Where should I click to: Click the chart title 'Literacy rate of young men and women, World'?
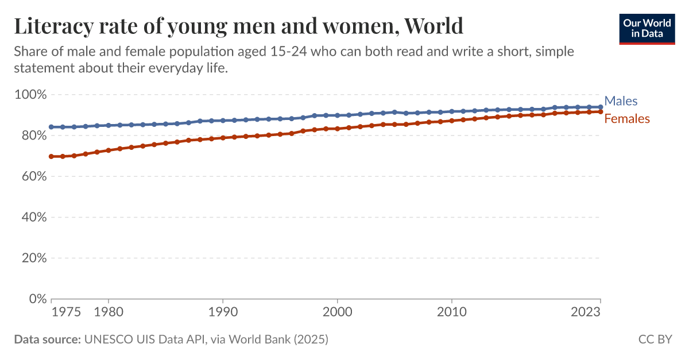tap(238, 26)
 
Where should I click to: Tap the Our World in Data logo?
tap(647, 28)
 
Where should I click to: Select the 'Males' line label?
tap(621, 101)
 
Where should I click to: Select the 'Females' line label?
tap(627, 119)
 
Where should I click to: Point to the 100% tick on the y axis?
tap(30, 94)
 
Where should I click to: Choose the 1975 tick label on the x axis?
tap(66, 312)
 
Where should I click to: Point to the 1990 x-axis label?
tap(223, 312)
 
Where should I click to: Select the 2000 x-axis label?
tap(337, 312)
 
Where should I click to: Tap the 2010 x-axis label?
tap(451, 312)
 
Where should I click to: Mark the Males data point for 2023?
tap(600, 107)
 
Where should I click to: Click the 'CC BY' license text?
tap(655, 339)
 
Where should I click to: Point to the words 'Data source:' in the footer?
tap(47, 339)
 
